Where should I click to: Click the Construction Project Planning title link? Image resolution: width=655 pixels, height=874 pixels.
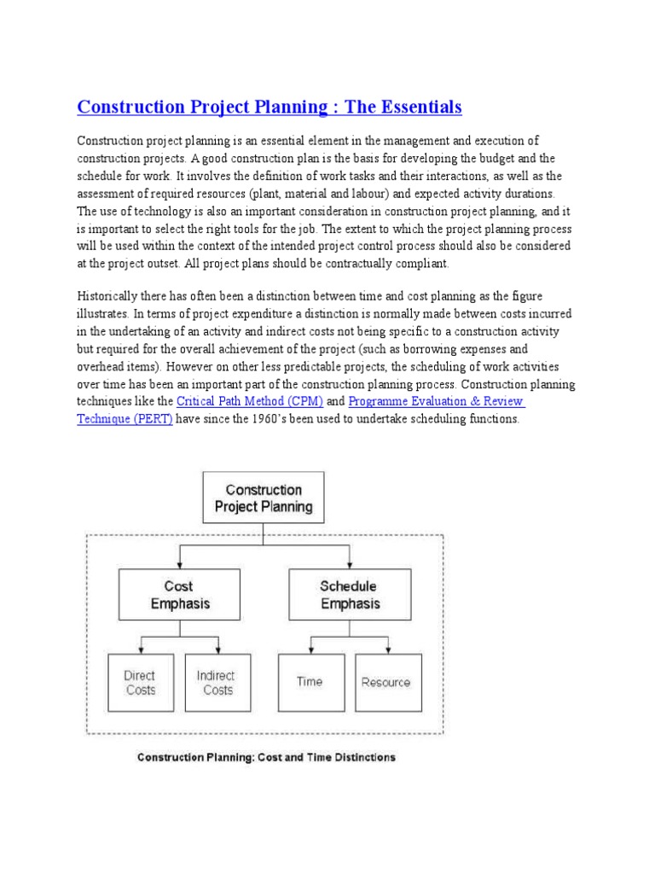point(269,108)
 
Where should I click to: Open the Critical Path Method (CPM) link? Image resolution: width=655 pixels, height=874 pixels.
point(249,401)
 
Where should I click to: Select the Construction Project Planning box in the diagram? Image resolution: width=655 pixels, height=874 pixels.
point(264,498)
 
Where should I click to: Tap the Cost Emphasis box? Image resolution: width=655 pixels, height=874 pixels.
point(179,595)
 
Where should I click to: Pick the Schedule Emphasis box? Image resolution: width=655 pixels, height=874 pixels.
point(348,595)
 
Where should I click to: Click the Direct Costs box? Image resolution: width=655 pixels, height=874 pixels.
point(140,682)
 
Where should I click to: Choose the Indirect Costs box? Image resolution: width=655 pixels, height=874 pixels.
point(217,682)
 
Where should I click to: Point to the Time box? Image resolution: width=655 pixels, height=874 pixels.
point(310,682)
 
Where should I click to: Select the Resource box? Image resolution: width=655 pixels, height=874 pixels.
point(386,682)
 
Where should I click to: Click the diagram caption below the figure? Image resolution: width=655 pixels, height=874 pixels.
point(266,757)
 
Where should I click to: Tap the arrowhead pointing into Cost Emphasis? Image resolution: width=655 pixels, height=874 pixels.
point(179,566)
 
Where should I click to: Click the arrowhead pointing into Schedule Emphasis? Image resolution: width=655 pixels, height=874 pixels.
point(348,566)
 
